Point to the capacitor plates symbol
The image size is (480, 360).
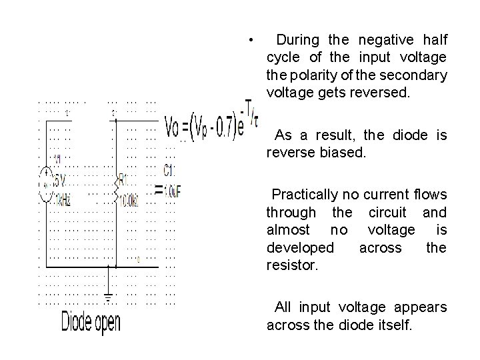(159, 190)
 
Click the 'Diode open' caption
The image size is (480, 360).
(91, 323)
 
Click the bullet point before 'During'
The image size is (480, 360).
(248, 40)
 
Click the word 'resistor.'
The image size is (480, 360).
(292, 265)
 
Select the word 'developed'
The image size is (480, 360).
(301, 247)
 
